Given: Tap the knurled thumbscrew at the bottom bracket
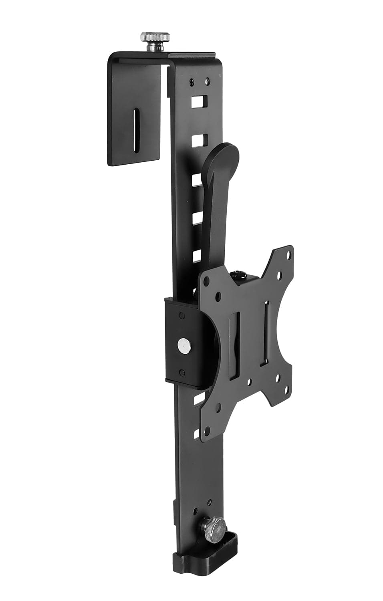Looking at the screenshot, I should click(x=214, y=526).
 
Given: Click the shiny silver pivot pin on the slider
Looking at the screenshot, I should click(x=184, y=344).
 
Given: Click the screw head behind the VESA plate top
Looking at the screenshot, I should click(x=236, y=275).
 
